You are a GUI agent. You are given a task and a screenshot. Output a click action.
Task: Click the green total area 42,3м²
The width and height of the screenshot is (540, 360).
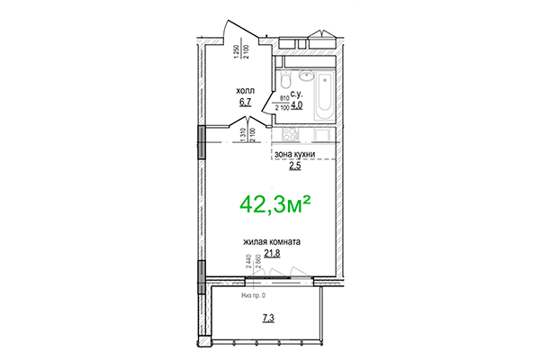click(x=274, y=205)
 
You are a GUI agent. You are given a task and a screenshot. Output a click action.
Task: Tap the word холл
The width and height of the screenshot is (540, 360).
click(x=245, y=91)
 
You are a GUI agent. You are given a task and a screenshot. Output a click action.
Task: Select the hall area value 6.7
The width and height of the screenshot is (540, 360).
click(x=244, y=103)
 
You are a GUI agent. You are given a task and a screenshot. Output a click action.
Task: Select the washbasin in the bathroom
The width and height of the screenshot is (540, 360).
click(x=305, y=75)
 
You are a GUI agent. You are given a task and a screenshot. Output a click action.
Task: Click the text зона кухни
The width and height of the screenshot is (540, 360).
click(x=297, y=155)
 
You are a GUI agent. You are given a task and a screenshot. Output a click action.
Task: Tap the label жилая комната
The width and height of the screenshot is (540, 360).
click(x=271, y=242)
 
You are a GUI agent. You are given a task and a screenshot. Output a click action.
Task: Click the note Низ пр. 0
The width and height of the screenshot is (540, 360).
click(x=258, y=294)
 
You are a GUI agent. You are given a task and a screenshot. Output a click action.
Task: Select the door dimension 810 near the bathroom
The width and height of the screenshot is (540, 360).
click(x=284, y=98)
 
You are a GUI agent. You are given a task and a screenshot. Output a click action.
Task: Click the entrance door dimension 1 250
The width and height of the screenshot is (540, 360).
click(x=236, y=51)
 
